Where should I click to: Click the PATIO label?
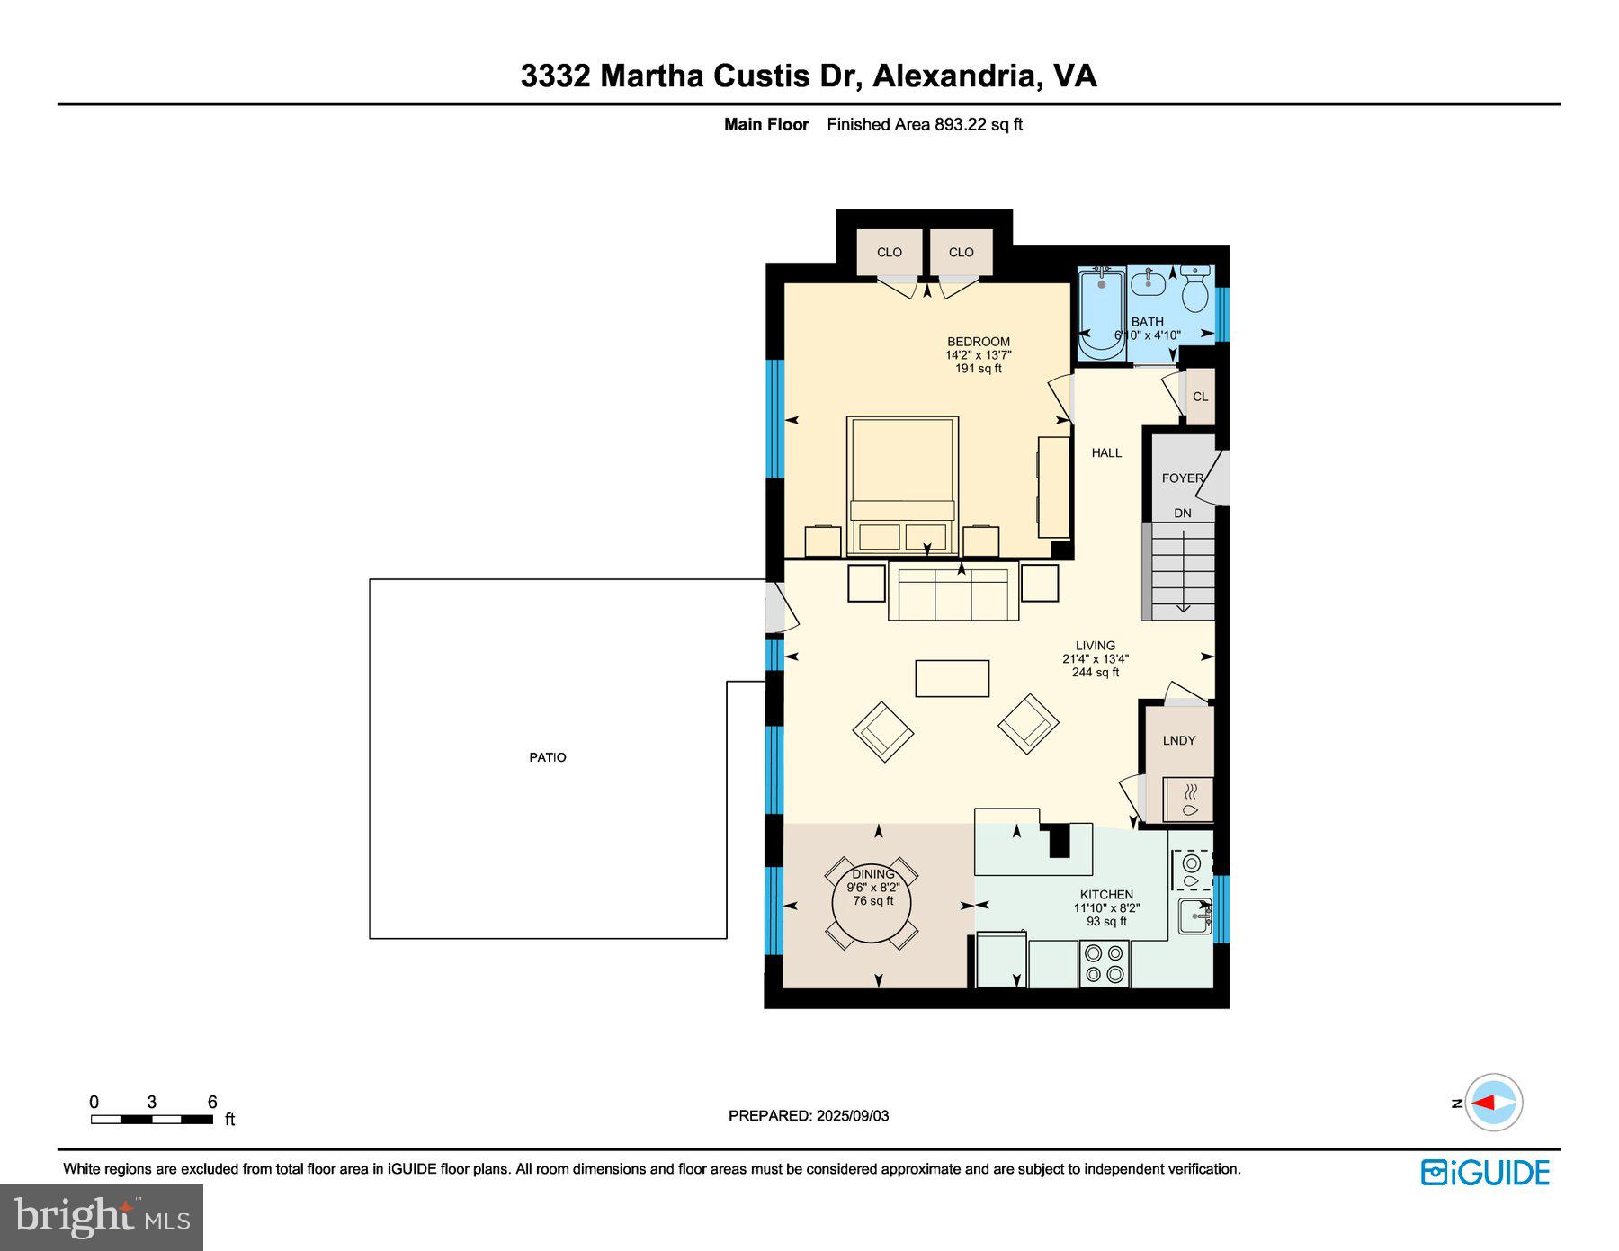[547, 757]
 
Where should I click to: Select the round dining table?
[872, 902]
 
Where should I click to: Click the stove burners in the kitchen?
[1105, 962]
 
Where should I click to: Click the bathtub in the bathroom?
[1100, 315]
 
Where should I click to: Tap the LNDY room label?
[1178, 740]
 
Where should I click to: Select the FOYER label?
[1182, 478]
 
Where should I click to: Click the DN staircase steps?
[1183, 571]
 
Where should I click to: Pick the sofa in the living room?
[953, 591]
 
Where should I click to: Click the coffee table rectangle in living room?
[952, 678]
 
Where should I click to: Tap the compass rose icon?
[1494, 1102]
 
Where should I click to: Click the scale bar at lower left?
[151, 1119]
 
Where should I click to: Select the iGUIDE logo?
[1485, 1173]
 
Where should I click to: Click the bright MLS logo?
[102, 1217]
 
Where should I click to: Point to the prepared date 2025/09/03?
[852, 1115]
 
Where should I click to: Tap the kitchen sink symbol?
[1194, 917]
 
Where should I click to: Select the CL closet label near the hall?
[1200, 397]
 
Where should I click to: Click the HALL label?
[1106, 452]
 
